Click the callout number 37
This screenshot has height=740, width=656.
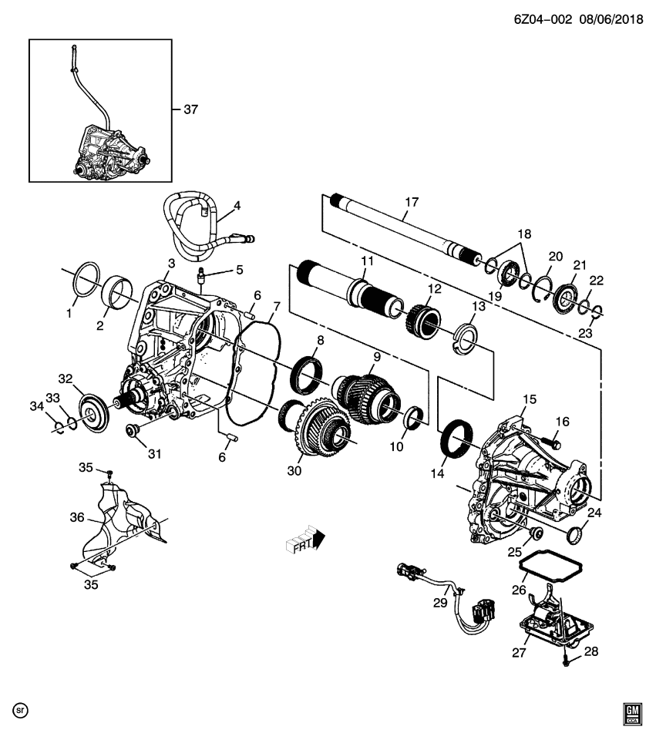coord(190,109)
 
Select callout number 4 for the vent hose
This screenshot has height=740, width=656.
coord(237,206)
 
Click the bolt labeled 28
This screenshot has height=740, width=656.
coord(567,661)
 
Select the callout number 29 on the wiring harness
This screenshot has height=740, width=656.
coord(439,604)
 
